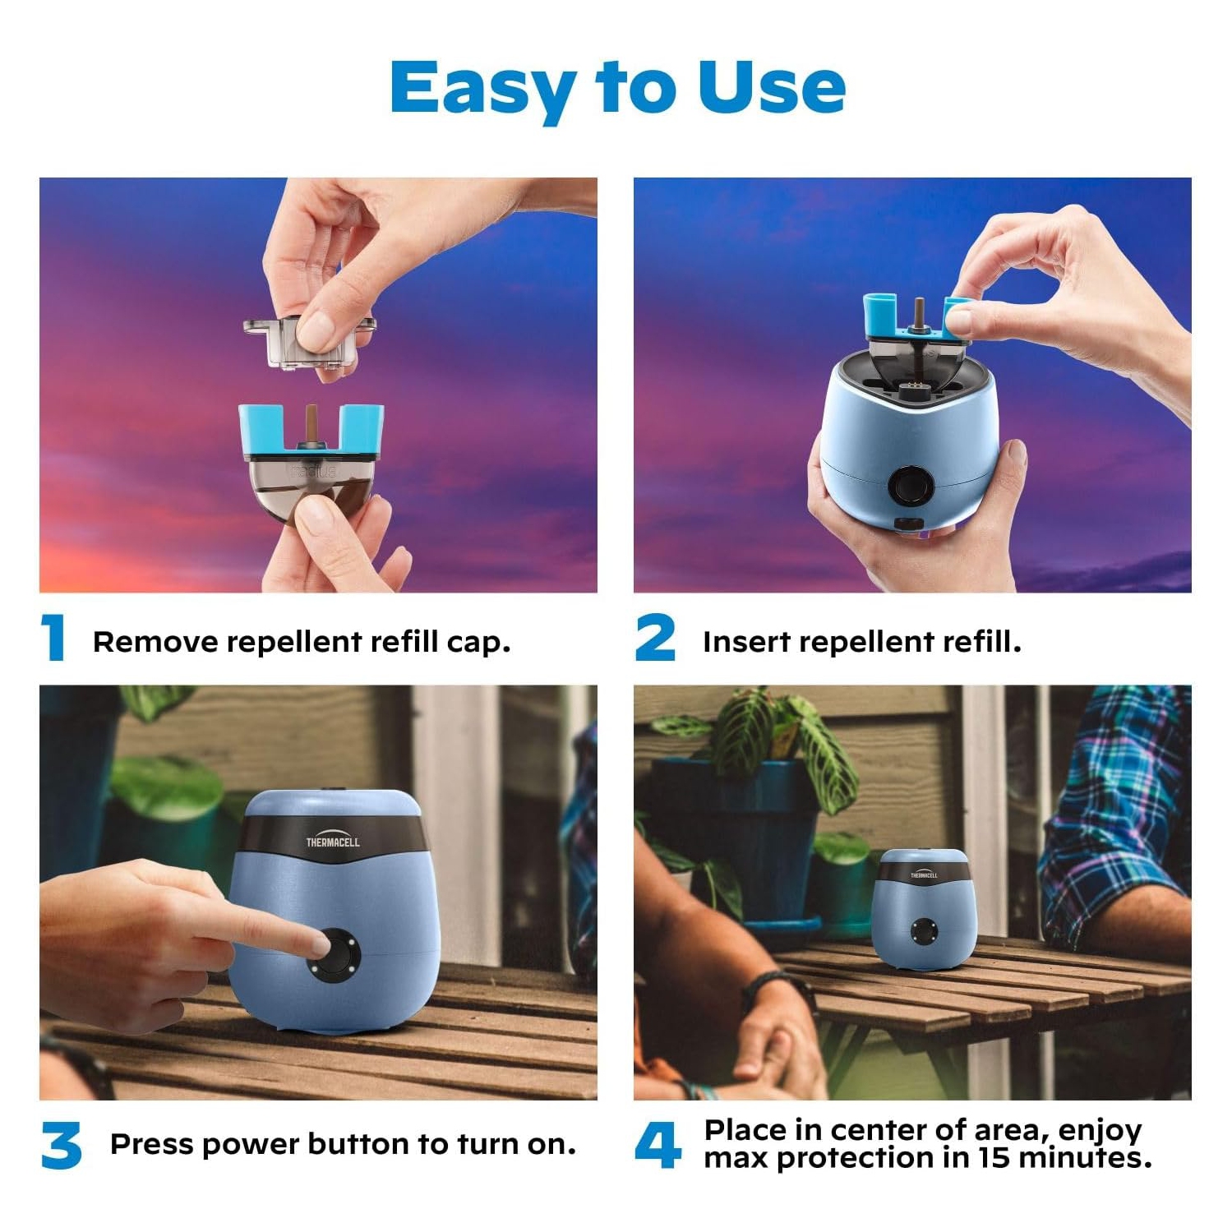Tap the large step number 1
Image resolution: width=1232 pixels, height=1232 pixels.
pos(54,638)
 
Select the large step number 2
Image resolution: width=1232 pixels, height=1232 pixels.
pos(655,638)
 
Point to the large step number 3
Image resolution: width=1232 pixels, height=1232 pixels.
pos(61,1146)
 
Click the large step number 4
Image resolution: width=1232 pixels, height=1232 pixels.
pos(658,1146)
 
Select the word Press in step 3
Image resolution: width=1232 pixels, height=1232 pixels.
pos(151,1144)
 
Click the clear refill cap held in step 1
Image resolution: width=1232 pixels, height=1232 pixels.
pos(308,342)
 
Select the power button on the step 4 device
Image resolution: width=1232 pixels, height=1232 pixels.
pos(924,932)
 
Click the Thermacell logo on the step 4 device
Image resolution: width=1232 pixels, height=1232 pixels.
pos(924,874)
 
